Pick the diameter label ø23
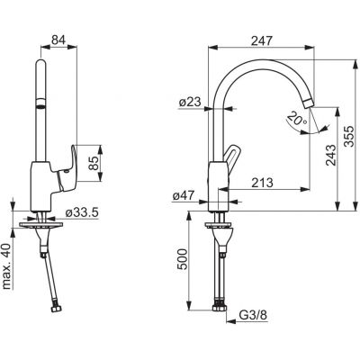click(189, 103)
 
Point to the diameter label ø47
click(189, 193)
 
